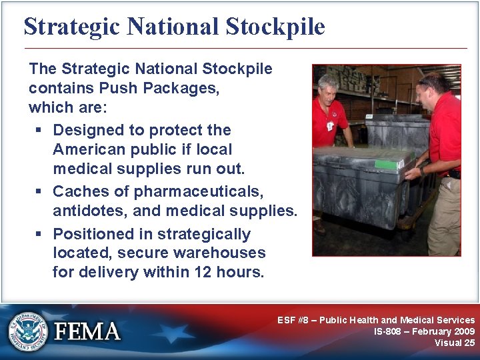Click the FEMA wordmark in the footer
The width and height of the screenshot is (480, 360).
(87, 331)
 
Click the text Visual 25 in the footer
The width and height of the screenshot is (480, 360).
(455, 343)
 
